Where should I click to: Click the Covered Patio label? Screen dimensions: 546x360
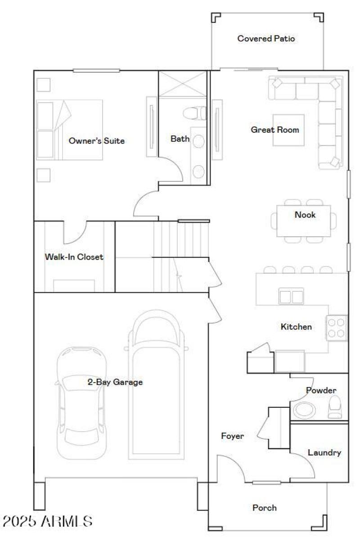pyautogui.click(x=266, y=39)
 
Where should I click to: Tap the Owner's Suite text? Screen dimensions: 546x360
pyautogui.click(x=96, y=141)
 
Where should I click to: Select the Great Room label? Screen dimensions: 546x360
pyautogui.click(x=274, y=130)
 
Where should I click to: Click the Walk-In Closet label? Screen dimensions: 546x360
pyautogui.click(x=74, y=257)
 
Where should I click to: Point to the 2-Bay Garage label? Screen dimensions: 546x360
pyautogui.click(x=115, y=382)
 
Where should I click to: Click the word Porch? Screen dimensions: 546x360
pyautogui.click(x=264, y=508)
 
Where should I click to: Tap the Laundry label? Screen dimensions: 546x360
pyautogui.click(x=324, y=452)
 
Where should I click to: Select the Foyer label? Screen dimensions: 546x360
pyautogui.click(x=232, y=436)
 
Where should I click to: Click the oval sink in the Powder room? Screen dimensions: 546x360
pyautogui.click(x=305, y=410)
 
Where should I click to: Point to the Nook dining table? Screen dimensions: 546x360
pyautogui.click(x=303, y=221)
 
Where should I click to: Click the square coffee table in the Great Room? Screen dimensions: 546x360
pyautogui.click(x=288, y=130)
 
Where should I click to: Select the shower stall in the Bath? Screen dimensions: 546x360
pyautogui.click(x=182, y=84)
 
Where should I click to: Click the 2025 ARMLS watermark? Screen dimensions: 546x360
pyautogui.click(x=47, y=521)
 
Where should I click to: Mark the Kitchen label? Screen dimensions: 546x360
pyautogui.click(x=296, y=327)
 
